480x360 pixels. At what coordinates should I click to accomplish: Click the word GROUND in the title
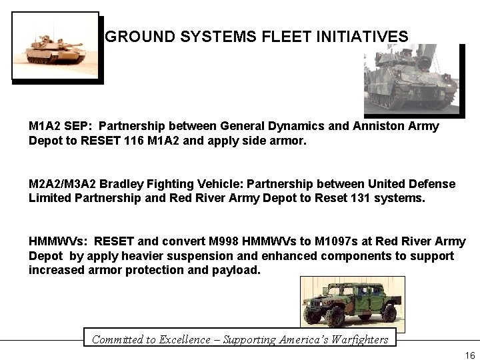(137, 36)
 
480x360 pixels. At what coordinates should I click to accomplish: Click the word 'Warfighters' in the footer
(355, 339)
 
